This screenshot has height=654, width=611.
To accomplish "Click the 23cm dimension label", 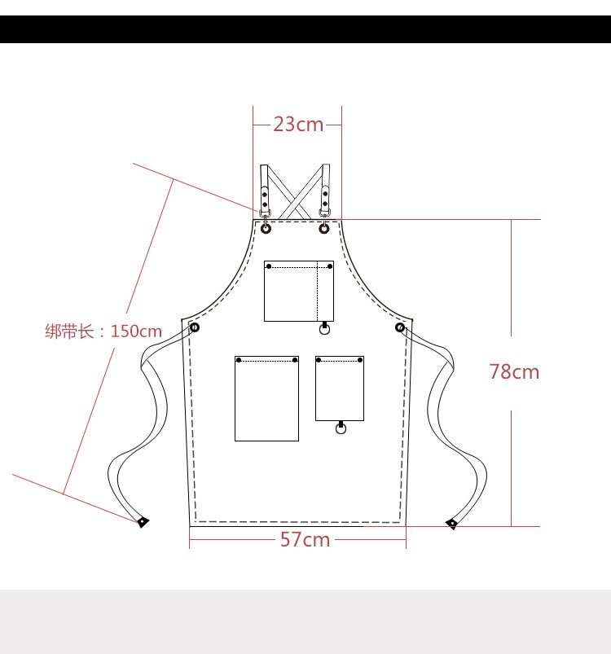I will [x=297, y=125].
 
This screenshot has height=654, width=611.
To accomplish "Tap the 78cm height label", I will [x=514, y=372].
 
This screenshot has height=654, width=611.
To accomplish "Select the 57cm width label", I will [x=305, y=539].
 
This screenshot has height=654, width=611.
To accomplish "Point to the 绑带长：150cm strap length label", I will [x=103, y=331].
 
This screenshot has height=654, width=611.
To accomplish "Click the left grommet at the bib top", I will [x=266, y=229].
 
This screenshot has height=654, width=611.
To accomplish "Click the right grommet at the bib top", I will [x=324, y=229].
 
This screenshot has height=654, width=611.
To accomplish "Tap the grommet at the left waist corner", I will [x=195, y=327].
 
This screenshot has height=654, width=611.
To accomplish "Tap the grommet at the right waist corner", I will [x=400, y=327].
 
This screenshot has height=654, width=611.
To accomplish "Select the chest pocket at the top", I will [x=298, y=291].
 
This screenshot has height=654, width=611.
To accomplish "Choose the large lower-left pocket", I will [x=266, y=398].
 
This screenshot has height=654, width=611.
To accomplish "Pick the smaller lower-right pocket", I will [x=340, y=388].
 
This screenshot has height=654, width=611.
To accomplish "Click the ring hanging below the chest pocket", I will [x=325, y=330].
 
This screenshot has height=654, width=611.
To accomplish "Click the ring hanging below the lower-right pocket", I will [x=341, y=428].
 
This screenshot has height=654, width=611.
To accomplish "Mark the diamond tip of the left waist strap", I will [x=143, y=521].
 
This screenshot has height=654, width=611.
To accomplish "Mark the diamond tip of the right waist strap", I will [x=451, y=523].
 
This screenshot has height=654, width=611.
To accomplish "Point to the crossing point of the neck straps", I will [x=294, y=193].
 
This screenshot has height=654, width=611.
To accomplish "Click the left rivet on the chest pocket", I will [x=269, y=266].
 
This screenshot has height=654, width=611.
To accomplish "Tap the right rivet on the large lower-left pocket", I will [x=295, y=359].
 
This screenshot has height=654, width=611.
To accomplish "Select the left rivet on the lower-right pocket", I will [x=319, y=359].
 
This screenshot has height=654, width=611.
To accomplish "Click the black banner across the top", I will [x=305, y=29].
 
